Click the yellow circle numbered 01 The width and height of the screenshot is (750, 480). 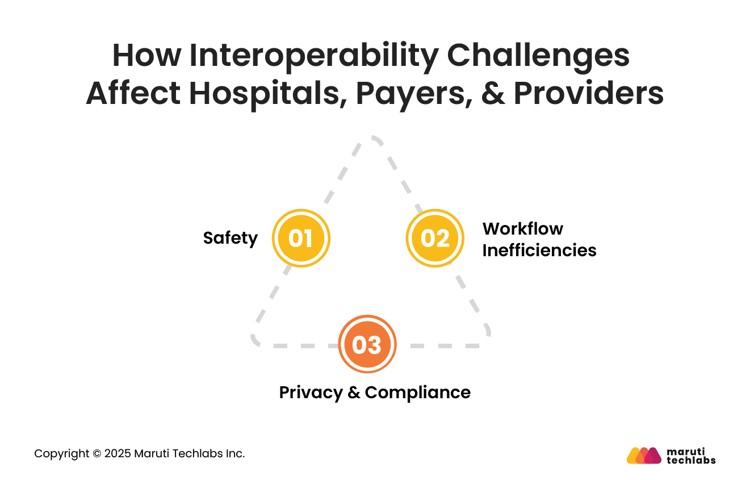pos(301,238)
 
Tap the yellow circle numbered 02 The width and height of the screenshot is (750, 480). pos(435,238)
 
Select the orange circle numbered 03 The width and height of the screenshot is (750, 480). pos(367,344)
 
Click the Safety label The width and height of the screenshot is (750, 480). pos(230,238)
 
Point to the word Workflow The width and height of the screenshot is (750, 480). pos(522,228)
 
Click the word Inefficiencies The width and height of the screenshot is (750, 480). pos(539,250)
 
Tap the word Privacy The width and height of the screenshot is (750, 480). pos(311,393)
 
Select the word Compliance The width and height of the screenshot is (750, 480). pos(417,393)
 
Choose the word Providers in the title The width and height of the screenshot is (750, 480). pos(588,94)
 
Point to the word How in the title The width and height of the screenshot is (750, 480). pos(146,56)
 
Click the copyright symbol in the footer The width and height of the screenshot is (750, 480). pos(97,454)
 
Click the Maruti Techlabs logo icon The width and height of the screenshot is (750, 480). pos(644,456)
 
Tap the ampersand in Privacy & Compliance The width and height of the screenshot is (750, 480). pos(354,393)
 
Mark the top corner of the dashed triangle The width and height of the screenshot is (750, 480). pos(374,138)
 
